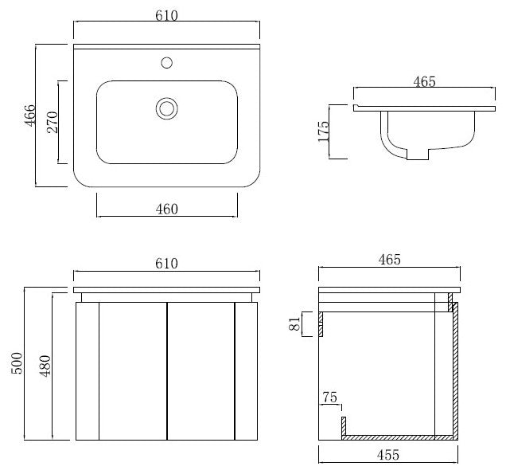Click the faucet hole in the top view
166,63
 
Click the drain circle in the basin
167,108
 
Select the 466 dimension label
30,116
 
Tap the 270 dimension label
53,122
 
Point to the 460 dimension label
167,210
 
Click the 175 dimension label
323,131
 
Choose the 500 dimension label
17,363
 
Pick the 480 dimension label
45,366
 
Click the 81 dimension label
294,323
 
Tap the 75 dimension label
330,397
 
